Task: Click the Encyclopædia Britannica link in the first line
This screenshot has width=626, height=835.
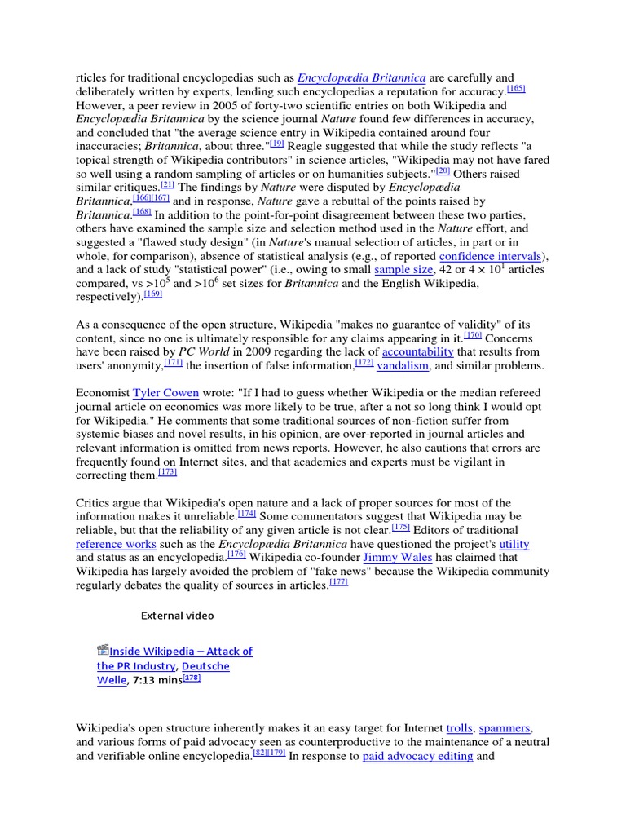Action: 361,78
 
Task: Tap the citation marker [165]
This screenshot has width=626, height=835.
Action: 516,89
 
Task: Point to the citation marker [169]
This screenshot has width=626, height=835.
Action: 155,294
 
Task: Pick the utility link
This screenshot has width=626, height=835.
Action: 514,543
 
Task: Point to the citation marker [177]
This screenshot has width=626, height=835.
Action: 338,582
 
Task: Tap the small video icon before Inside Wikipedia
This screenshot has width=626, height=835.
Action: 102,650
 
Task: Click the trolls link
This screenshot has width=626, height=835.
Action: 459,727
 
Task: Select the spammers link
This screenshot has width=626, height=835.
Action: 505,727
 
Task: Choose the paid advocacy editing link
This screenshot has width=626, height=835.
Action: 417,756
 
